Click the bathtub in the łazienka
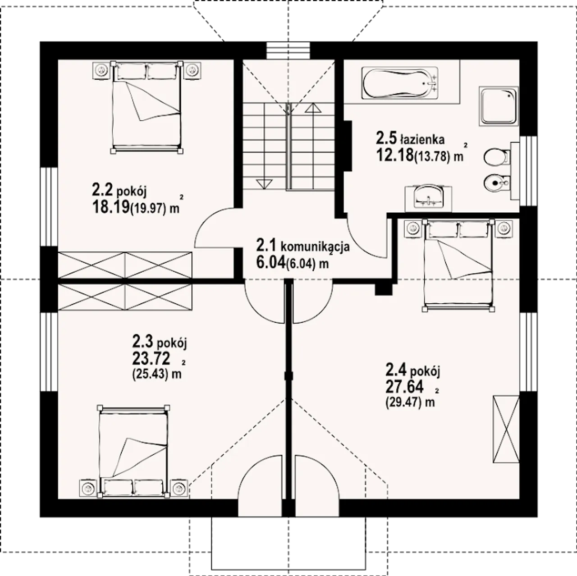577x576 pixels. coord(400,83)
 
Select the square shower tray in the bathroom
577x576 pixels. coord(498,106)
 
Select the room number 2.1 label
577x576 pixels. coord(267,246)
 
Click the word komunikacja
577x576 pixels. coord(315,248)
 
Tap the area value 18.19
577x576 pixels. coord(111,207)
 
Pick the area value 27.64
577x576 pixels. coord(404,387)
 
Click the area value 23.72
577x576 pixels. coord(151,358)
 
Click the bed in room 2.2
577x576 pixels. coord(147,107)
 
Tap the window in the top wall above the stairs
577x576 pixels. coord(288,50)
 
